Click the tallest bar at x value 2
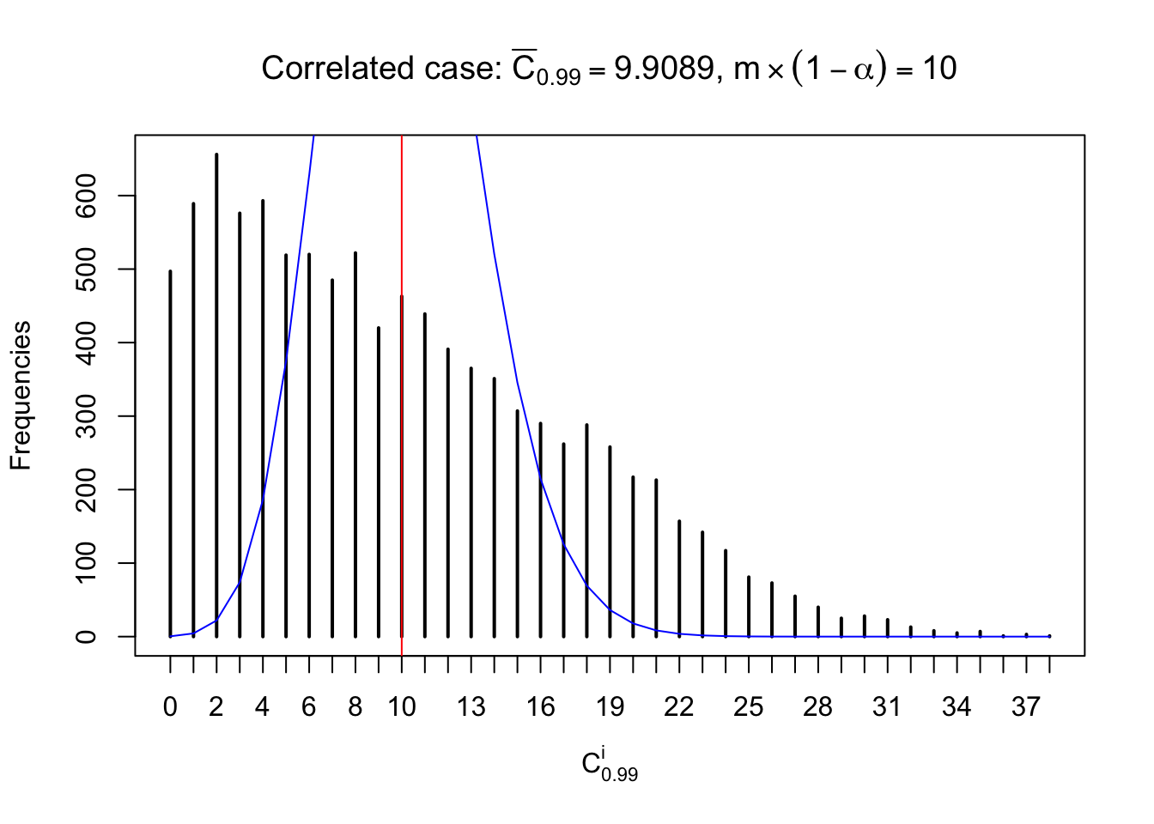[x=216, y=395]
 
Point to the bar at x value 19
[x=610, y=542]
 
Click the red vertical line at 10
[x=402, y=215]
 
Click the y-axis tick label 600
[x=87, y=196]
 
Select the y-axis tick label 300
[x=87, y=416]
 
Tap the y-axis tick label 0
[x=87, y=636]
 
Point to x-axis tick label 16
[x=541, y=707]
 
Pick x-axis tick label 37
[x=1026, y=707]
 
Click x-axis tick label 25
[x=749, y=707]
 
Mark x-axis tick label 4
[x=263, y=707]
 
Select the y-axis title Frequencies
[x=21, y=396]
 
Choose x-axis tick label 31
[x=887, y=707]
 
